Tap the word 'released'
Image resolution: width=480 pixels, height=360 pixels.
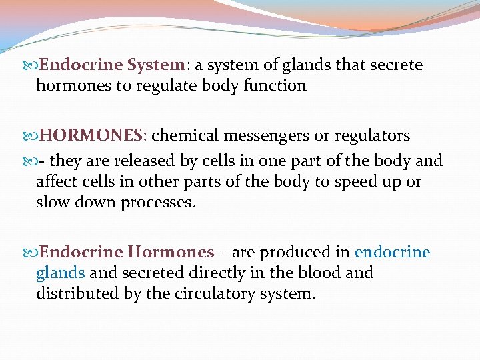139,161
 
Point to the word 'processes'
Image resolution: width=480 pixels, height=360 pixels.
158,202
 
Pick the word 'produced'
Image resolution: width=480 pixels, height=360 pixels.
290,252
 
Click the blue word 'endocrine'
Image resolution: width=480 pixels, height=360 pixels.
393,252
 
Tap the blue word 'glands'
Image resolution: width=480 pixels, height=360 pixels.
60,273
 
